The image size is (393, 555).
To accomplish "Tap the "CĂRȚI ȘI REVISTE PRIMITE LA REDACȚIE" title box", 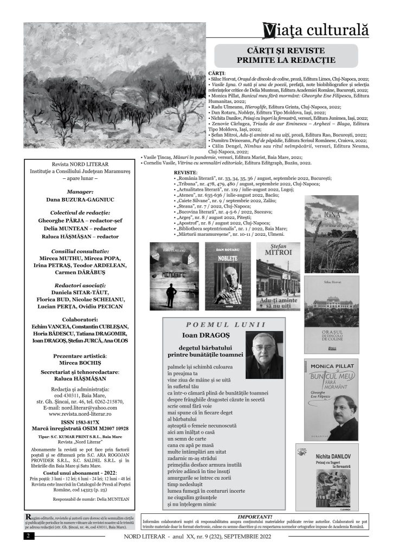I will click(x=286, y=56).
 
